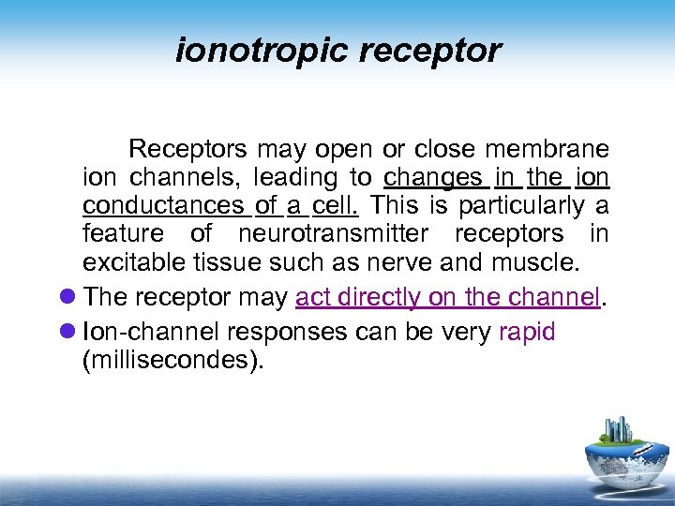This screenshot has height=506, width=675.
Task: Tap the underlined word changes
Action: coord(433,177)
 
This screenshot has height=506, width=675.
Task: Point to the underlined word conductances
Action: coord(161,205)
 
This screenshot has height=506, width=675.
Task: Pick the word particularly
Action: coord(517,205)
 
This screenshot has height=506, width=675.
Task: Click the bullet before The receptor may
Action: coord(68,298)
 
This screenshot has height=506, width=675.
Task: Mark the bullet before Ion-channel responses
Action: coord(68,333)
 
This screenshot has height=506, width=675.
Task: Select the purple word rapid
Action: coord(527,333)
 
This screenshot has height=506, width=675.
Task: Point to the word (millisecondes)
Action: coord(169,361)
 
